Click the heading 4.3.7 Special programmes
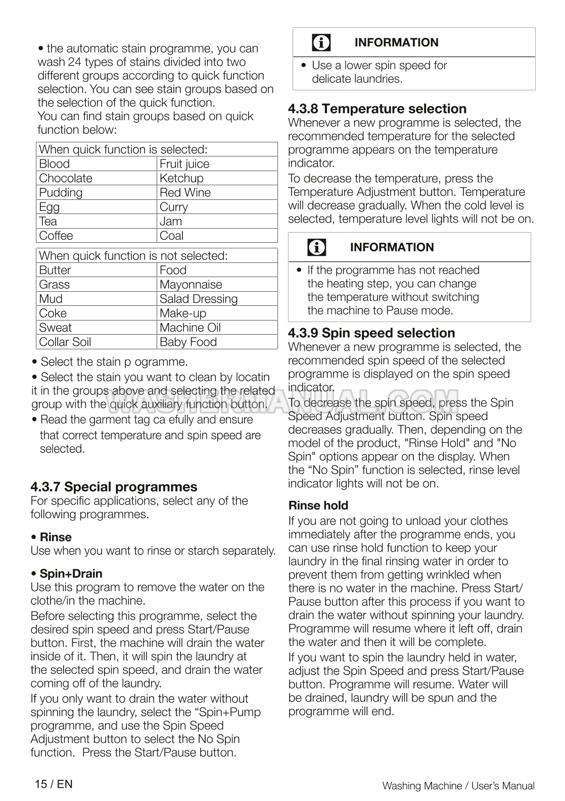pos(114,487)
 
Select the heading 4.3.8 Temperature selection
pos(377,109)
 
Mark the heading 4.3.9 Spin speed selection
pos(371,333)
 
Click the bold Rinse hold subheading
pos(318,506)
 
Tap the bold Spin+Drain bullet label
pos(71,574)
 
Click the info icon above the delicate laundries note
pos(321,43)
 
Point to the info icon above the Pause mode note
pos(317,247)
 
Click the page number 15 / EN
pos(54,784)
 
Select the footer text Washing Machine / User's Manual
pos(458,786)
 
